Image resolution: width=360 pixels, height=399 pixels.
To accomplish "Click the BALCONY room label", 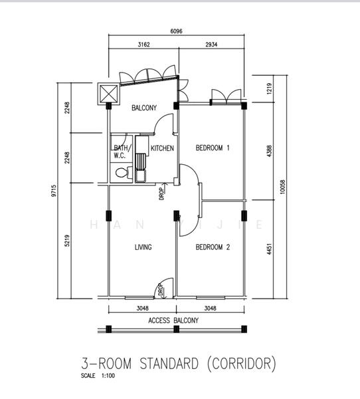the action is pyautogui.click(x=144, y=108).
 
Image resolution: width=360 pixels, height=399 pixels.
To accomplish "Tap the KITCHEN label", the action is pyautogui.click(x=162, y=148).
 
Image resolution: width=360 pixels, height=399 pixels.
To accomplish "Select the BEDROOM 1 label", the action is pyautogui.click(x=213, y=148).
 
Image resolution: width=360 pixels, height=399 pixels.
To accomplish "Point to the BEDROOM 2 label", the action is pyautogui.click(x=213, y=247).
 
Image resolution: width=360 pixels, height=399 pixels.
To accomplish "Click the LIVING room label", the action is pyautogui.click(x=143, y=247).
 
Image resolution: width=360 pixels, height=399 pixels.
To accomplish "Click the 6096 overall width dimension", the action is pyautogui.click(x=176, y=31).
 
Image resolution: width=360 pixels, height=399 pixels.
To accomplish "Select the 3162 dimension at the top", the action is pyautogui.click(x=143, y=45).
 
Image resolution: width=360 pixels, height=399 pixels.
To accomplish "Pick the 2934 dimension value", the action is pyautogui.click(x=211, y=45).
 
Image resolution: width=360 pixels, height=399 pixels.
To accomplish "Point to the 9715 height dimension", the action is pyautogui.click(x=54, y=191).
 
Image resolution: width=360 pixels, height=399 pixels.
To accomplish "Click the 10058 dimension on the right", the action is pyautogui.click(x=283, y=187).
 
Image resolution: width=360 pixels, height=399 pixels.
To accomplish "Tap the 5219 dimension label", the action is pyautogui.click(x=67, y=241).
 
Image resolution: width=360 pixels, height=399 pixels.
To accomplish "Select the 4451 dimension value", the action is pyautogui.click(x=269, y=249).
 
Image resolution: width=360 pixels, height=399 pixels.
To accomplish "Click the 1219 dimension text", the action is pyautogui.click(x=270, y=88).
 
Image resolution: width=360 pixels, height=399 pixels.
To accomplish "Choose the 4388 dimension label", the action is pyautogui.click(x=270, y=151).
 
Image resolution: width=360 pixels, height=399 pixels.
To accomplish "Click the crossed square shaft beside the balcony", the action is pyautogui.click(x=108, y=93).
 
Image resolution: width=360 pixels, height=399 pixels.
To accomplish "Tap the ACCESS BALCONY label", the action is pyautogui.click(x=173, y=321).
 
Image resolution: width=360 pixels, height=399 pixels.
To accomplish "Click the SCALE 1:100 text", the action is pyautogui.click(x=98, y=376).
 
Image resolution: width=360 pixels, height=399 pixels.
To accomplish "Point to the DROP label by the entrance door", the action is pyautogui.click(x=161, y=290).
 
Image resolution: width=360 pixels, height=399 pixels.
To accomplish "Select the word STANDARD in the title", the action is pyautogui.click(x=169, y=363).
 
